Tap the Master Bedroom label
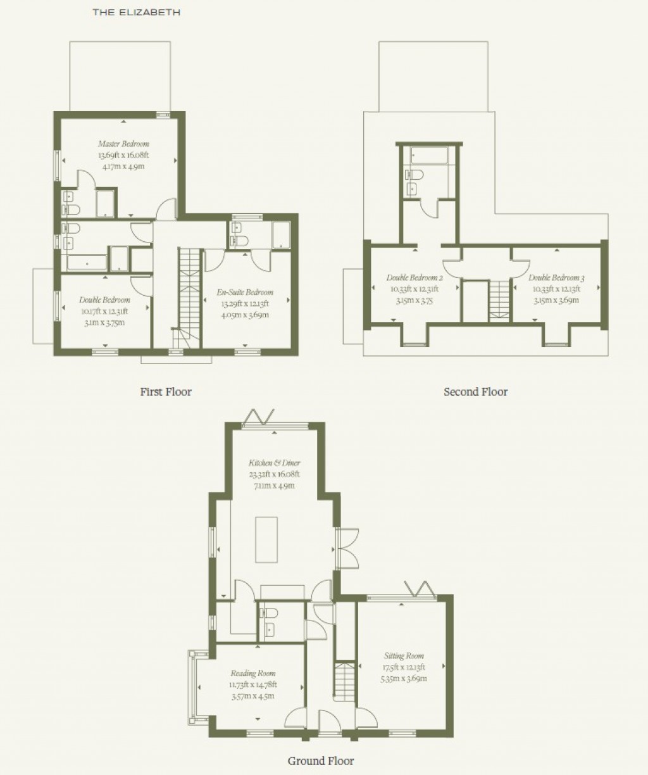coord(123,144)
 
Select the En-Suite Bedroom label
coord(246,292)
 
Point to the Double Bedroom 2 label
coord(414,278)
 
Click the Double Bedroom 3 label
coord(556,278)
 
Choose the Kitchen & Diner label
coord(274,463)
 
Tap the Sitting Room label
coord(404,656)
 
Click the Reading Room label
coord(252,673)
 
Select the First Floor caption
coord(166,392)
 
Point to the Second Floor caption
coord(475,392)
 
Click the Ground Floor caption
coord(321,760)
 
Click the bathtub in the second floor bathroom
coord(428,154)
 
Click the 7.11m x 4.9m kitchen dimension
coord(274,486)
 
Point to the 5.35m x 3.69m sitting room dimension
coord(404,679)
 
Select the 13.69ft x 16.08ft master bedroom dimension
coord(123,155)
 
